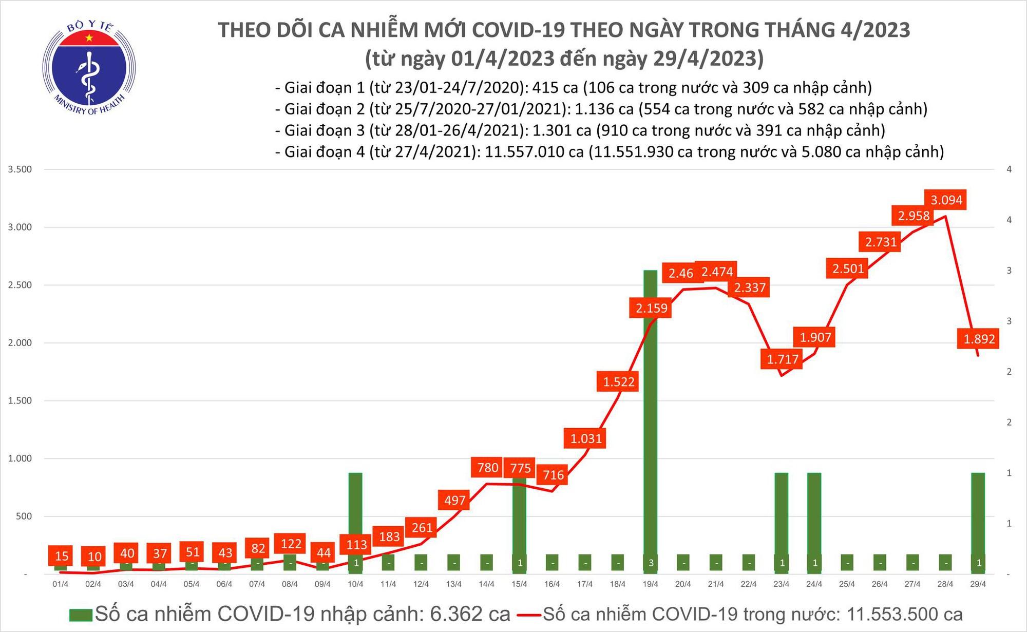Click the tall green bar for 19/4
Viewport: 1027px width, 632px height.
coord(650,421)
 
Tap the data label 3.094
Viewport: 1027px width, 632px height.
coord(946,200)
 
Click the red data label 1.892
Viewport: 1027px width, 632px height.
coord(979,339)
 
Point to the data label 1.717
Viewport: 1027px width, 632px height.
coord(782,359)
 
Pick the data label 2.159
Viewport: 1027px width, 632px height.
coord(651,308)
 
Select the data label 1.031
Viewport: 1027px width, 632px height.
coord(585,438)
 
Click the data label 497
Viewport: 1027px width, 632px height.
coord(454,500)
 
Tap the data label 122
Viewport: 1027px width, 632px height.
coord(291,543)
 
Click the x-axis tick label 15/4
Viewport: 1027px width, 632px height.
coord(519,584)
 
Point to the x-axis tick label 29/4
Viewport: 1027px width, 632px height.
coord(978,584)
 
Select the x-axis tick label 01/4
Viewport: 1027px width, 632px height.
coord(61,584)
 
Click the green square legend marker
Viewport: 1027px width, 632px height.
coord(81,615)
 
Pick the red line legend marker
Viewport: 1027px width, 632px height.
coord(529,615)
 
